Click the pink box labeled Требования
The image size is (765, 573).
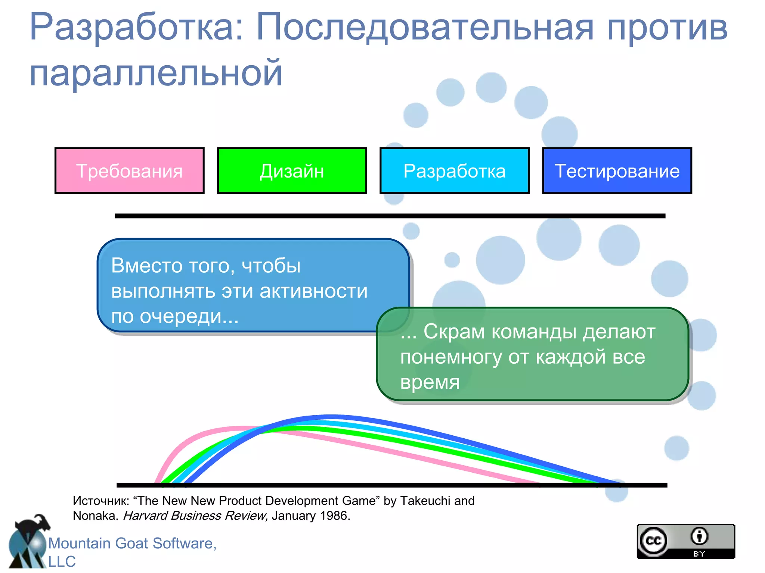(129, 171)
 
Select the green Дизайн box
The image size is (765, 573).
(292, 171)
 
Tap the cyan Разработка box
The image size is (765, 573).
(454, 171)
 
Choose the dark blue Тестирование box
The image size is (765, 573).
(617, 171)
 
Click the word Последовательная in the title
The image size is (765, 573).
(425, 27)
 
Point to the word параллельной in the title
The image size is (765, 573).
(156, 72)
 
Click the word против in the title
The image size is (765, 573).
(667, 27)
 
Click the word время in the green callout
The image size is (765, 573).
(430, 382)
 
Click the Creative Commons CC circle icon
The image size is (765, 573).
(653, 541)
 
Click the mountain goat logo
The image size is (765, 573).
(28, 543)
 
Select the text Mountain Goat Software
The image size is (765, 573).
(132, 543)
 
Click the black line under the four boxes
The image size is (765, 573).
(390, 216)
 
